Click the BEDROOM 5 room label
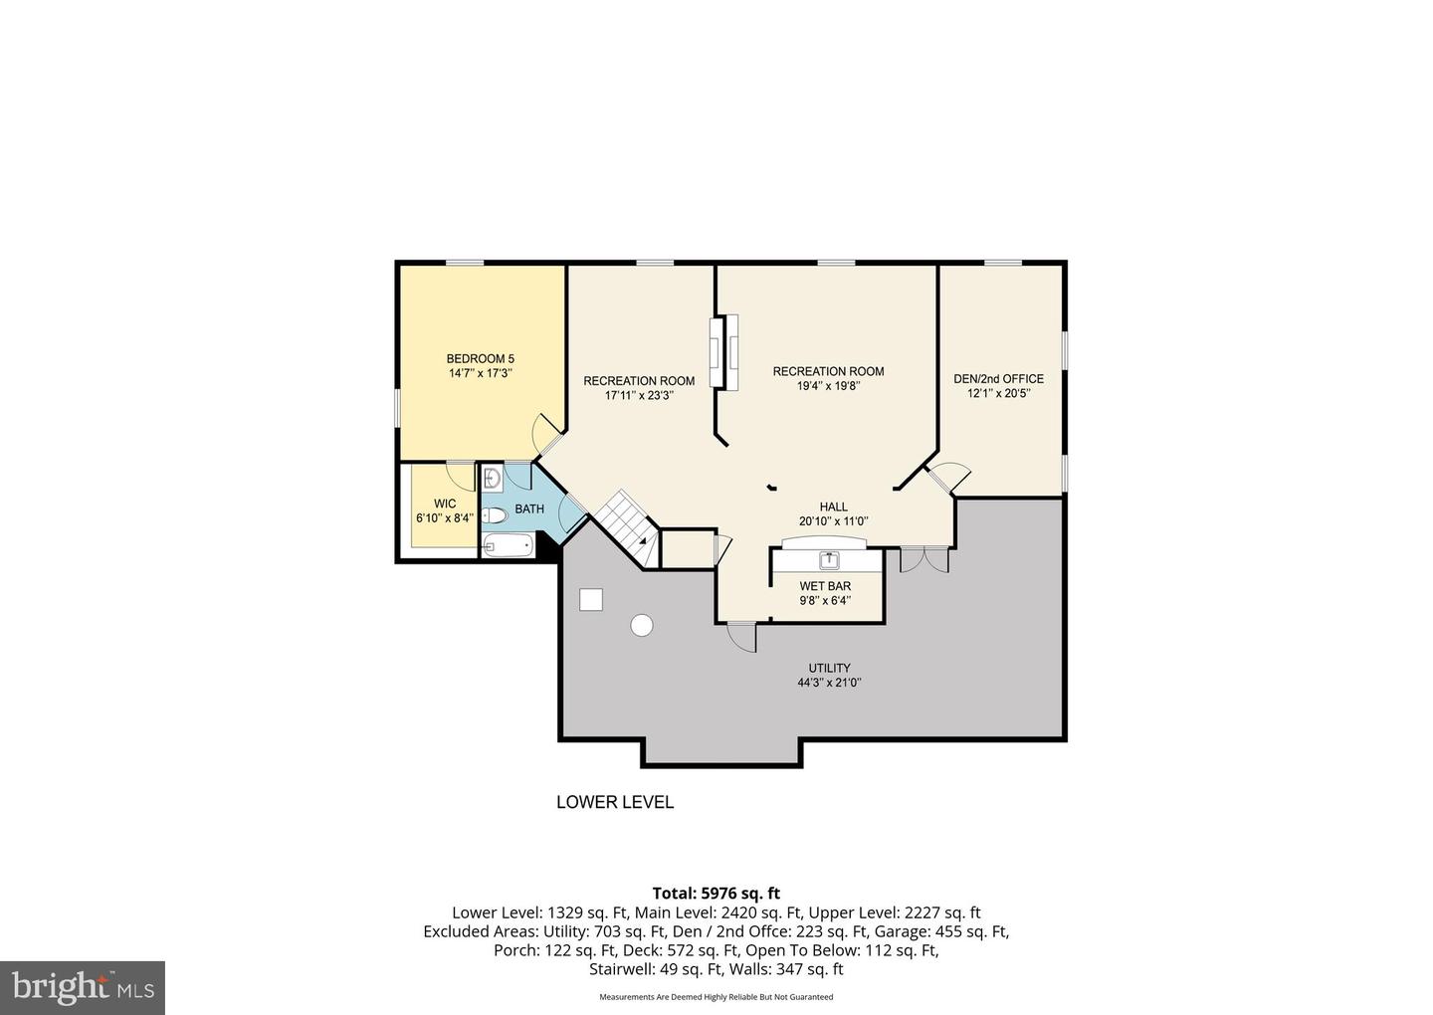pyautogui.click(x=480, y=359)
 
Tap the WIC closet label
pyautogui.click(x=445, y=504)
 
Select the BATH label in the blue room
pyautogui.click(x=529, y=509)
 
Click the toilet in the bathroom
pyautogui.click(x=495, y=515)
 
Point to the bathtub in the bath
pyautogui.click(x=509, y=544)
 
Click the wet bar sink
pyautogui.click(x=827, y=559)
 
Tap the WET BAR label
pyautogui.click(x=825, y=586)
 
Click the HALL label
pyautogui.click(x=833, y=507)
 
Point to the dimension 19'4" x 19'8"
pyautogui.click(x=828, y=386)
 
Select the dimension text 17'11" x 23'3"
pyautogui.click(x=639, y=395)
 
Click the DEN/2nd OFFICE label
pyautogui.click(x=998, y=378)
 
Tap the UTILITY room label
pyautogui.click(x=829, y=668)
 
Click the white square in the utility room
pyautogui.click(x=591, y=599)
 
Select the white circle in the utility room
pyautogui.click(x=642, y=625)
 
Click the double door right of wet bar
pyautogui.click(x=925, y=558)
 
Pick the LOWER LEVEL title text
pyautogui.click(x=614, y=802)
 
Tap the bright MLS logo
pyautogui.click(x=82, y=987)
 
